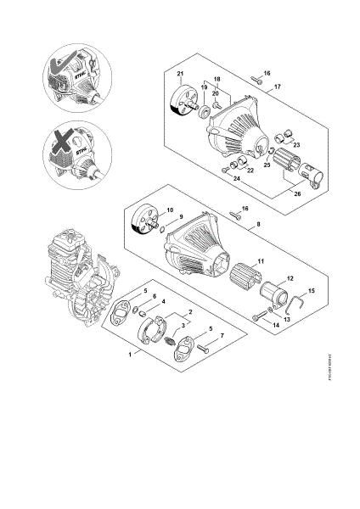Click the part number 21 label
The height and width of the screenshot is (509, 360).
180,76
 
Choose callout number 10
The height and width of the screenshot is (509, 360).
170,209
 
